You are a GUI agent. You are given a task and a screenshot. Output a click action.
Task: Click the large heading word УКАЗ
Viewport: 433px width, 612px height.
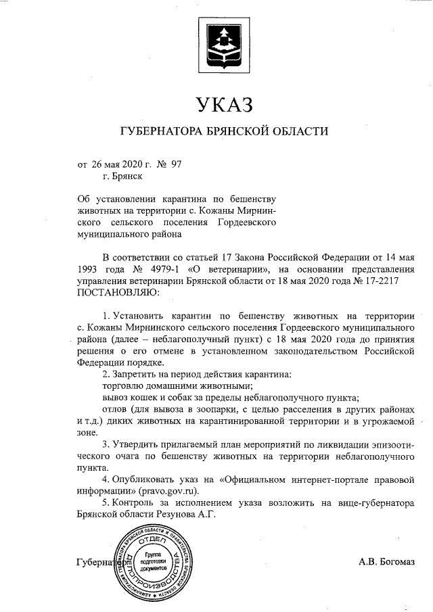[x=223, y=105]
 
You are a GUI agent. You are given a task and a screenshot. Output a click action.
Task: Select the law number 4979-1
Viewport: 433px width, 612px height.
[x=163, y=268]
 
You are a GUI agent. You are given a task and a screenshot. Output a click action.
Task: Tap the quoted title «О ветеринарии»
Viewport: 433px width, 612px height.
[x=221, y=268]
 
